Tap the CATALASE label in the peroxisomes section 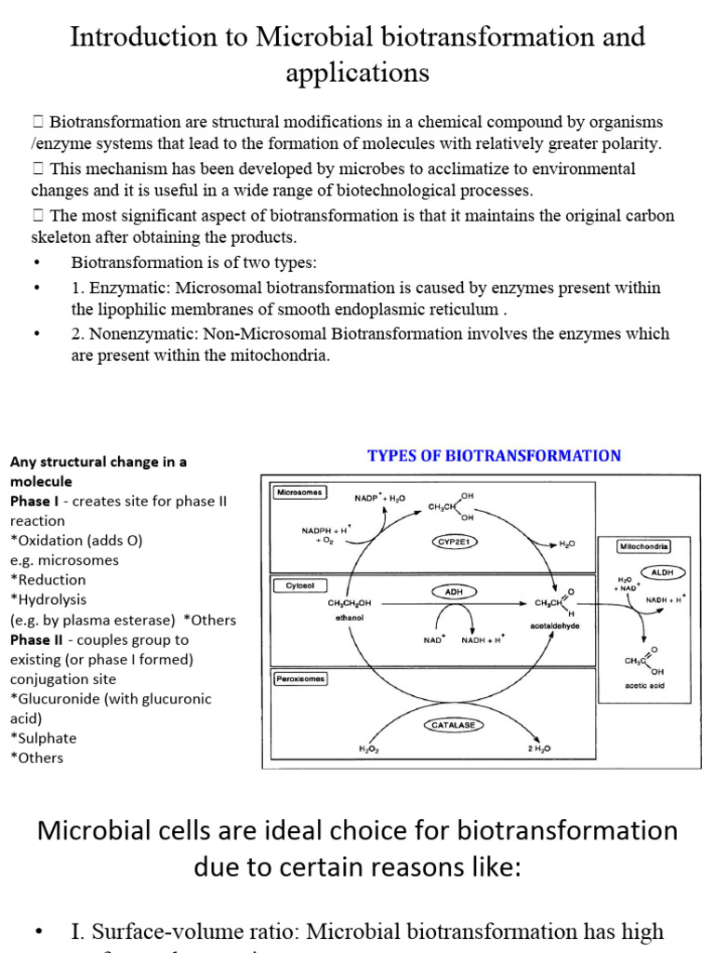(x=456, y=723)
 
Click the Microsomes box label (x=299, y=492)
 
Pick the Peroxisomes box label (x=300, y=678)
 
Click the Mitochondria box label (x=643, y=547)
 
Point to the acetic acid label (x=645, y=686)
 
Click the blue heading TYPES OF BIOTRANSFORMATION (x=494, y=456)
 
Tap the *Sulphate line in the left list (x=44, y=738)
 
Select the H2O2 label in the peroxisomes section (x=369, y=747)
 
